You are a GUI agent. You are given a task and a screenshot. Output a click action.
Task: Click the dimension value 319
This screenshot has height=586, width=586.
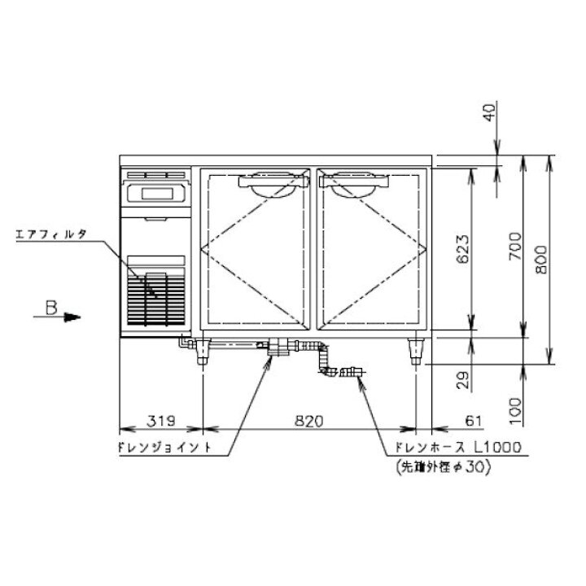click(161, 421)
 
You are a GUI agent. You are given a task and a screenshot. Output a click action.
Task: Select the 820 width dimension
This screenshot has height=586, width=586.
click(309, 421)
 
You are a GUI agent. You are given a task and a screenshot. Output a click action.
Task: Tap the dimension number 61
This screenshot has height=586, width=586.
click(473, 421)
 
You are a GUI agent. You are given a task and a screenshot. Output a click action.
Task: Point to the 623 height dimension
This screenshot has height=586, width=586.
click(463, 249)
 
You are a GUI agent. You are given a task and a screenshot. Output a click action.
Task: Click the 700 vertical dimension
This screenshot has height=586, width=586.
click(515, 247)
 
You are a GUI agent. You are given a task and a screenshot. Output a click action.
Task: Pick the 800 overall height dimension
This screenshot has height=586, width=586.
click(541, 260)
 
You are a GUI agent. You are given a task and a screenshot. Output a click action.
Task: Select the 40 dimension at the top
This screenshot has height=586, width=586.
click(490, 112)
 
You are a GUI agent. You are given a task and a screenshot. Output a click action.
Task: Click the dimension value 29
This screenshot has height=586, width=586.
click(463, 380)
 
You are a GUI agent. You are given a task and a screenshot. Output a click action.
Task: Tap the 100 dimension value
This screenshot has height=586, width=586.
click(515, 411)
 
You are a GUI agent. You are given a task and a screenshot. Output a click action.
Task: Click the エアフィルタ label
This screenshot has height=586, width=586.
click(51, 234)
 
